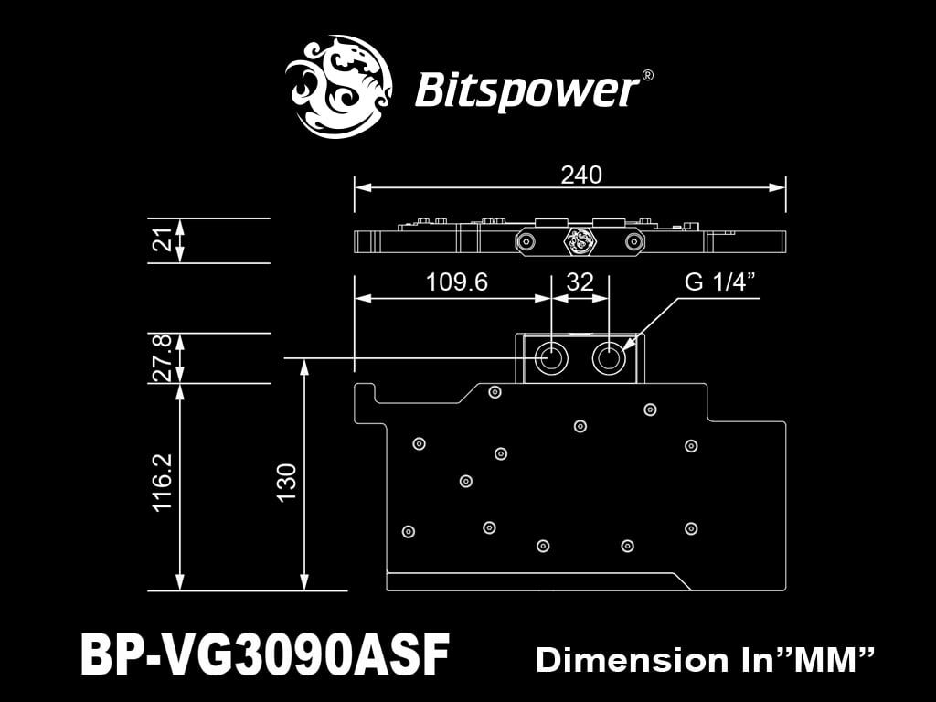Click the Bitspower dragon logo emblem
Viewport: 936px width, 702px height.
[339, 87]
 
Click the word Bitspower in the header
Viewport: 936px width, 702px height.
[526, 90]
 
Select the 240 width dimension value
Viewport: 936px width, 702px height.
[581, 175]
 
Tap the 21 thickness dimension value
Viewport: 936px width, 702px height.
[163, 240]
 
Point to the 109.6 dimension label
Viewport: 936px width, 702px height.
[457, 282]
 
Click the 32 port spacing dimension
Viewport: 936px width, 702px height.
[580, 282]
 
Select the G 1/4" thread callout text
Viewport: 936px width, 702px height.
[722, 282]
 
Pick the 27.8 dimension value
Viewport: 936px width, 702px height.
[163, 358]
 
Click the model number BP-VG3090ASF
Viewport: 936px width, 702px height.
[265, 655]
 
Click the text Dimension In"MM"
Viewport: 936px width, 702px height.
[706, 659]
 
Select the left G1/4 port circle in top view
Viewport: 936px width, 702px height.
[552, 357]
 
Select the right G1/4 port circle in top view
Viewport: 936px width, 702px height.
[609, 357]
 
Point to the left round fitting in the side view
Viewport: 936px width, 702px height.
[526, 241]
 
